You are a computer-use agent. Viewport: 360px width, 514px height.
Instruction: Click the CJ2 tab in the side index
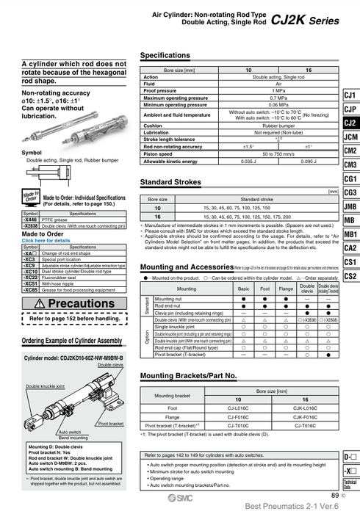tap(350, 123)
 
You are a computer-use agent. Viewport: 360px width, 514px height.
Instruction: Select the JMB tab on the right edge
tap(350, 206)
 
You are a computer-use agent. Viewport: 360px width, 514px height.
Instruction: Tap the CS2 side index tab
tap(350, 276)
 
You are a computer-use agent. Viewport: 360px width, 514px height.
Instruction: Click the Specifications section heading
tap(170, 56)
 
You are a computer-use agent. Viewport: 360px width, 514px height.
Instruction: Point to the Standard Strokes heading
tap(172, 181)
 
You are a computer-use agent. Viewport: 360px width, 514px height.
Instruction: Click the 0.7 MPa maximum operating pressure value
tap(278, 97)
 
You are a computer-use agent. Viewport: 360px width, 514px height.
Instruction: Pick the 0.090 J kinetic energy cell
tap(309, 161)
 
